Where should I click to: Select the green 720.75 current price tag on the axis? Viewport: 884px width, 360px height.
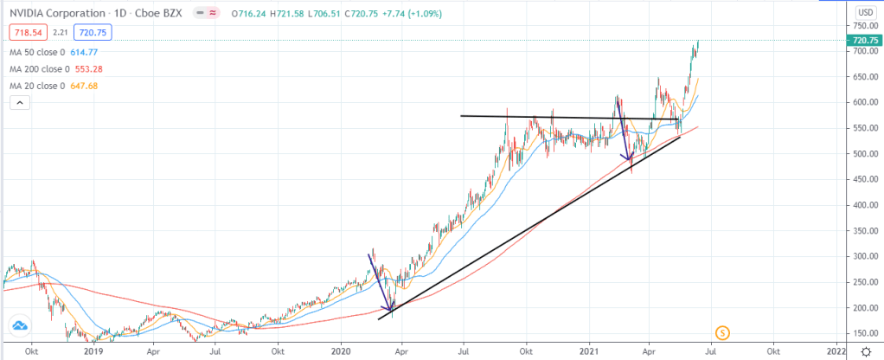[866, 41]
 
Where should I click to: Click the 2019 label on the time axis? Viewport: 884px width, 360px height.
[93, 352]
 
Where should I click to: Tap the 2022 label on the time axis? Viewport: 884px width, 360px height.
[836, 352]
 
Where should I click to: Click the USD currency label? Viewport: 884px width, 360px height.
[862, 12]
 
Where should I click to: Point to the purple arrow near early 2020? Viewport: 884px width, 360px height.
[381, 281]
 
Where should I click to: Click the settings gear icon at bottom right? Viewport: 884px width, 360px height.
[866, 352]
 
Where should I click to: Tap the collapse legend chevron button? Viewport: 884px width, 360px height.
[19, 104]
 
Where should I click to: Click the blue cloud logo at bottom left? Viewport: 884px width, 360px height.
[19, 326]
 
